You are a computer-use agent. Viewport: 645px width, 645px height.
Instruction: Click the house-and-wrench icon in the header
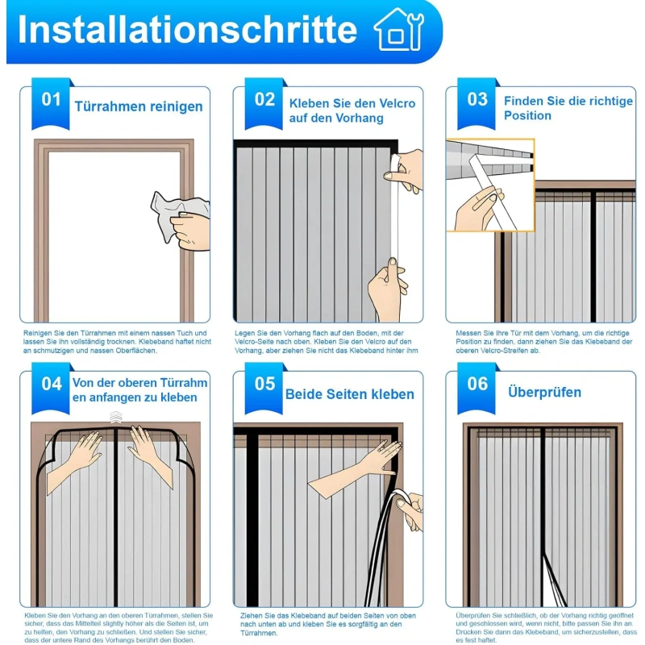coord(398,31)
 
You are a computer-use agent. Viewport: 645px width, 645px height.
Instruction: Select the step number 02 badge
coord(265,100)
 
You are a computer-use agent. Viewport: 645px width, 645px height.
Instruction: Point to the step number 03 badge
coord(478,100)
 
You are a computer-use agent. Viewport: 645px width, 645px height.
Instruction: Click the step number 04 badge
coord(52,384)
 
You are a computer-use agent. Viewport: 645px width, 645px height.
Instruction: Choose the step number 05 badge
coord(265,384)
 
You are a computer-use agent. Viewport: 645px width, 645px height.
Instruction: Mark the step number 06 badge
coord(478,384)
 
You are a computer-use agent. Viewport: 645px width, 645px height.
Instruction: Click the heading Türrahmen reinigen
coord(139,106)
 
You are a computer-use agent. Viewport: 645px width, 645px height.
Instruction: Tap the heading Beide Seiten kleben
coord(349,394)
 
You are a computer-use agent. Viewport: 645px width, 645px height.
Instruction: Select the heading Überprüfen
coord(544,393)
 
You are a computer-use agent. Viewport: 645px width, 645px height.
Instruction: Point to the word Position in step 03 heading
coord(527,116)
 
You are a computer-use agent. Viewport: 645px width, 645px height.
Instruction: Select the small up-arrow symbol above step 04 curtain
coord(116,416)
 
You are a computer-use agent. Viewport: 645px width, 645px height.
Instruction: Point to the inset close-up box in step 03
coord(490,185)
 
